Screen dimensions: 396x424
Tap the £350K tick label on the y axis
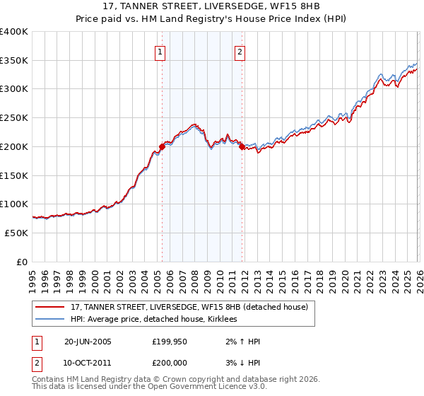click(x=14, y=60)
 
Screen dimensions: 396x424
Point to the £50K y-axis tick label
click(x=16, y=233)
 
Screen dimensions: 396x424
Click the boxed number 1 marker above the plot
click(x=161, y=52)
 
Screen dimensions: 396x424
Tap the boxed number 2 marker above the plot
click(x=241, y=52)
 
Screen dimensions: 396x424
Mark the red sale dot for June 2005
click(x=162, y=146)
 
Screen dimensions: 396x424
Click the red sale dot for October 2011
click(x=241, y=146)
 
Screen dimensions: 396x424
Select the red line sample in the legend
click(x=50, y=308)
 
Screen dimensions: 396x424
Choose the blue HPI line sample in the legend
click(x=50, y=320)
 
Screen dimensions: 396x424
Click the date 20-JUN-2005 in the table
click(x=88, y=342)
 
